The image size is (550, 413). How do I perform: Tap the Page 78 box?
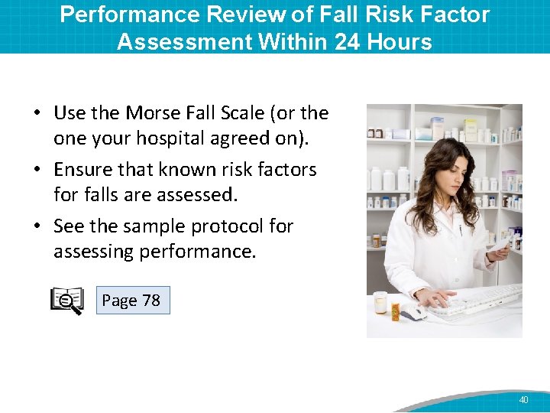(x=131, y=301)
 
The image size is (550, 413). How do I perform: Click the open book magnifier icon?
(x=66, y=301)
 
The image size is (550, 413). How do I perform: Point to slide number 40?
(x=523, y=400)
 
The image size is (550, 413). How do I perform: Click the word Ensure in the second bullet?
(x=82, y=170)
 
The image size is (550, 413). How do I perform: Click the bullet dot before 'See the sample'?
(x=37, y=227)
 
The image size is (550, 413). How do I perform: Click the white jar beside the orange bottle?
(x=380, y=304)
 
